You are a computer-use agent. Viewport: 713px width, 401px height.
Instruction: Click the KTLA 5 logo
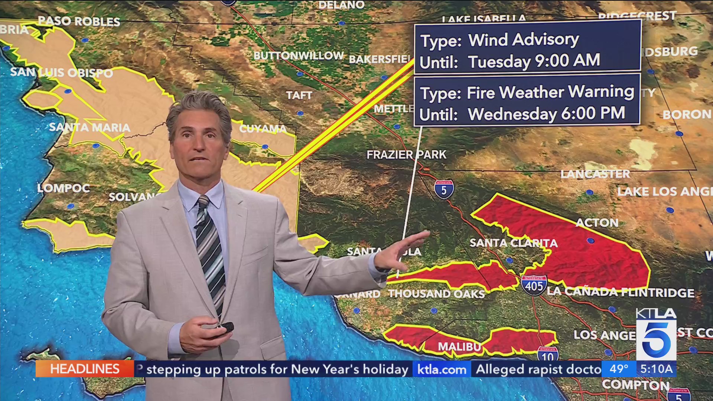[x=656, y=334]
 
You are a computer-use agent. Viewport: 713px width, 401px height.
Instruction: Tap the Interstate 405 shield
[x=534, y=285]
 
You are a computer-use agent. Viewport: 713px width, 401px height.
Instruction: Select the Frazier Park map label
[x=406, y=154]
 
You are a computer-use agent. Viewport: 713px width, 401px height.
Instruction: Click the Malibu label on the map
[x=459, y=346]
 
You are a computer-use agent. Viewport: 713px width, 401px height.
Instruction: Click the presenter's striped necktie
[x=210, y=252]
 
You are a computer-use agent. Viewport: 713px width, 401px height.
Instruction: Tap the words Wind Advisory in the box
[x=523, y=40]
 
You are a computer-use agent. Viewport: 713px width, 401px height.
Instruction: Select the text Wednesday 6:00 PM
[x=546, y=114]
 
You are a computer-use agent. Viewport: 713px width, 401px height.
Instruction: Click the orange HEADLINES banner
[x=85, y=369]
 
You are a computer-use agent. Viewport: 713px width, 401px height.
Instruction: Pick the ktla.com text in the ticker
[x=442, y=369]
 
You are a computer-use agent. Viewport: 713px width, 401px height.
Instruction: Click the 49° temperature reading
[x=619, y=369]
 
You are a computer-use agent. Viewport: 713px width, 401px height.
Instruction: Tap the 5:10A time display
[x=656, y=369]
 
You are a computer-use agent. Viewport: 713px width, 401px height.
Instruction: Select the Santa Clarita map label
[x=513, y=243]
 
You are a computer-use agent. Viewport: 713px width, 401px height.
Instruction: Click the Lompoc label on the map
[x=64, y=188]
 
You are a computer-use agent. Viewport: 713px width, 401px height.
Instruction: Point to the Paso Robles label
[x=79, y=21]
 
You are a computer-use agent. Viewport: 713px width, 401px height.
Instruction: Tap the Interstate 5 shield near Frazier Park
[x=444, y=189]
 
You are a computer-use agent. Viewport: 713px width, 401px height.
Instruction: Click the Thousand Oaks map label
[x=437, y=294]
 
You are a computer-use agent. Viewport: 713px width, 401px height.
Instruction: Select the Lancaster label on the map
[x=595, y=174]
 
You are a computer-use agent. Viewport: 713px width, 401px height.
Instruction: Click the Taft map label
[x=299, y=95]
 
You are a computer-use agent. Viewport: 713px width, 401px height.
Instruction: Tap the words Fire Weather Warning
[x=550, y=92]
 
